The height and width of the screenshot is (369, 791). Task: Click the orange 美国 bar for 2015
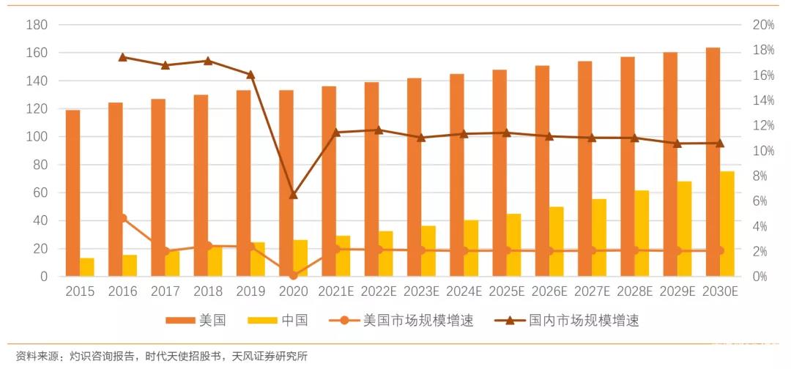[73, 193]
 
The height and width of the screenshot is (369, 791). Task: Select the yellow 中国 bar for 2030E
[727, 224]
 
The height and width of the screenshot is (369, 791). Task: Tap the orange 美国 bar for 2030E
[713, 162]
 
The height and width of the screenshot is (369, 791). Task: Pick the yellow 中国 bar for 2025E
[513, 245]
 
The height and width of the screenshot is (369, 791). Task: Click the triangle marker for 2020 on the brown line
[294, 195]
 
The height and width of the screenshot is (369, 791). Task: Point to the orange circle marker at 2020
[294, 275]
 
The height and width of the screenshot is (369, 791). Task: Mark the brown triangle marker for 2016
[123, 57]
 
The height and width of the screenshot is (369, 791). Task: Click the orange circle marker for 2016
[123, 218]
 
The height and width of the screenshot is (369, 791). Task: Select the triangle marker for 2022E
[379, 130]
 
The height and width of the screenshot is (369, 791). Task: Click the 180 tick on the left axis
[37, 25]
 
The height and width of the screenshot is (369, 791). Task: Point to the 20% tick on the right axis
[763, 25]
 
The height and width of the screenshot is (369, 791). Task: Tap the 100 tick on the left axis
[37, 137]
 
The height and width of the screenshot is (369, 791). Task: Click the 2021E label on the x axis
[335, 291]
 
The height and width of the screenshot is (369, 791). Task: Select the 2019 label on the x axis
[250, 291]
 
